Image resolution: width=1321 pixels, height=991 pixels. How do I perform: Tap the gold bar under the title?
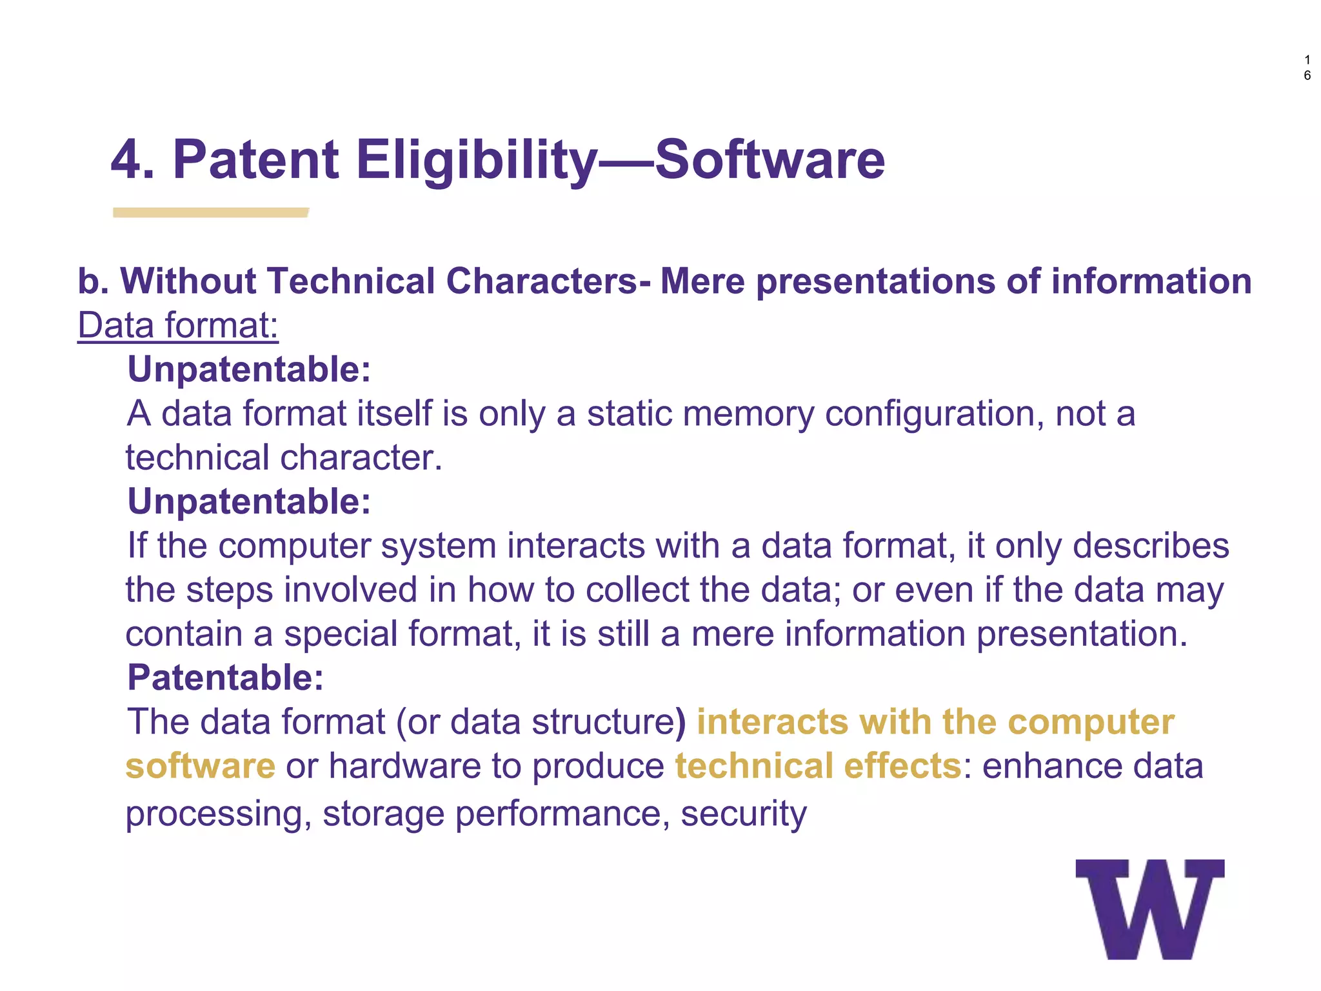pos(210,212)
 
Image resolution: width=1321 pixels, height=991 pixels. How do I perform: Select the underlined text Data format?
pos(178,326)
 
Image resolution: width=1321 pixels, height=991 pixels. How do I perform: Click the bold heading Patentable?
pos(225,677)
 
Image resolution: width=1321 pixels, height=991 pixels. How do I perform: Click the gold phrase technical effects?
pos(819,766)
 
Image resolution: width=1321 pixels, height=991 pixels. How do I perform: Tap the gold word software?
pos(201,766)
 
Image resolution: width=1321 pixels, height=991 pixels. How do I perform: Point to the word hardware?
pos(404,766)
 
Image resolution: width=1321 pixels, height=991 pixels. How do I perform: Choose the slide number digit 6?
pos(1307,75)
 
